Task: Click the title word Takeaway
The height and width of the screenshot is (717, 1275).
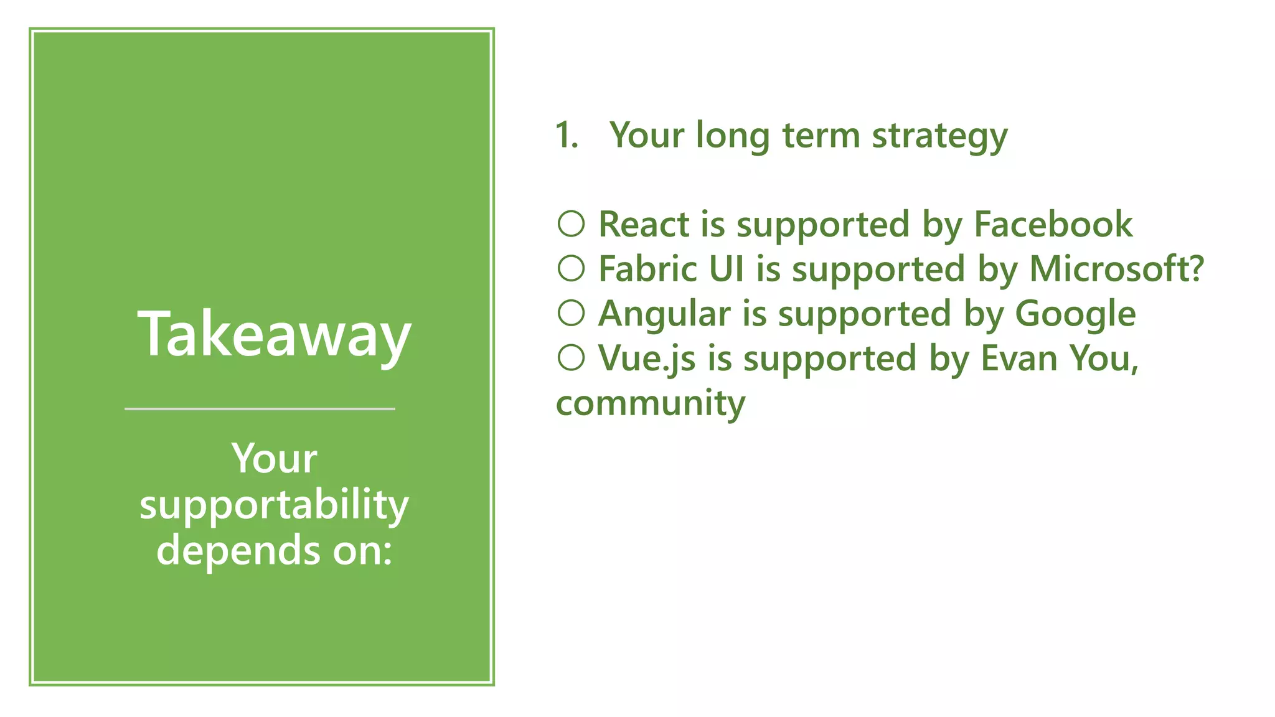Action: click(274, 335)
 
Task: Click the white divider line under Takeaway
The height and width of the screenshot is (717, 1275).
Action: click(260, 409)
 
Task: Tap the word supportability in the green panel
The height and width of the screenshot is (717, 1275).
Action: click(274, 505)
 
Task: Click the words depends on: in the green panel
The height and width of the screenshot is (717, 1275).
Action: click(274, 550)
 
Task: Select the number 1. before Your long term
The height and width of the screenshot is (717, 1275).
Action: click(567, 135)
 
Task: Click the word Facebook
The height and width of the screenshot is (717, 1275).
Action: click(1053, 224)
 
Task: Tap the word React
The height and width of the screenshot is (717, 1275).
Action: click(644, 224)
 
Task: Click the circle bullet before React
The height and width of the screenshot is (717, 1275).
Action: click(571, 224)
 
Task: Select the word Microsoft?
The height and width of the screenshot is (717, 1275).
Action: click(1116, 269)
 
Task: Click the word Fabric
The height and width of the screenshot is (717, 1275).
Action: click(647, 269)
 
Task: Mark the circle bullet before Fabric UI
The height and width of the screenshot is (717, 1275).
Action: click(571, 269)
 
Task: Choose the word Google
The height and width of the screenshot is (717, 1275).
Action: click(1075, 314)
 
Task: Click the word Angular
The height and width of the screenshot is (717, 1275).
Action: click(664, 314)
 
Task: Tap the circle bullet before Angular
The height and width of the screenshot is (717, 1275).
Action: click(571, 314)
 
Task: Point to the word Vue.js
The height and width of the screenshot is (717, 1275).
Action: click(647, 359)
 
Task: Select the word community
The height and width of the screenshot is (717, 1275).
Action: click(651, 404)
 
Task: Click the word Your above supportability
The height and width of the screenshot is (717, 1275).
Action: click(274, 459)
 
